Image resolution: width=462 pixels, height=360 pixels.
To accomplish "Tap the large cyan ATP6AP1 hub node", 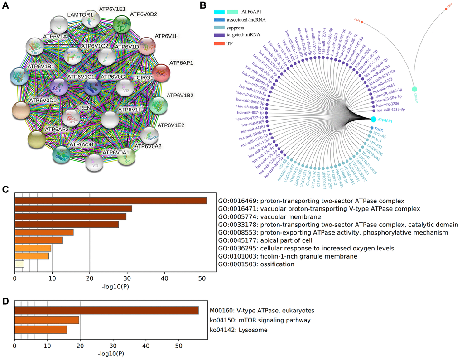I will tap(373, 120).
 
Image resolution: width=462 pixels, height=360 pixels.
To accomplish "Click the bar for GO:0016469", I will tap(111, 201).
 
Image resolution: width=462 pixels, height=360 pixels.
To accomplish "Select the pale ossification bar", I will tap(19, 264).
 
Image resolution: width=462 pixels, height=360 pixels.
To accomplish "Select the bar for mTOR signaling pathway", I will tap(47, 320).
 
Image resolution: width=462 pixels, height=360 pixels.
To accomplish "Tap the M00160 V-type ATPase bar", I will tap(106, 310).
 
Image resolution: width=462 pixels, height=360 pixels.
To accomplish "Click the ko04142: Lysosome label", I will tap(238, 330).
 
